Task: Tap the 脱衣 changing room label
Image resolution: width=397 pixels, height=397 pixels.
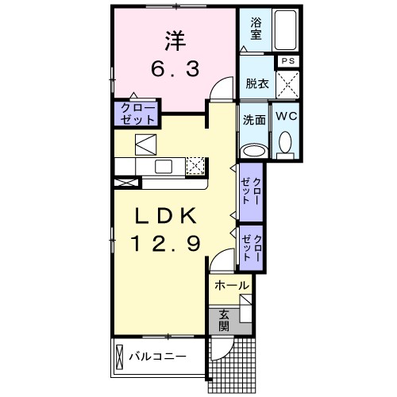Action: (x=257, y=83)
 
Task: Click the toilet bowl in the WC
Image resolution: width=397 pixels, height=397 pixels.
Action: (x=286, y=143)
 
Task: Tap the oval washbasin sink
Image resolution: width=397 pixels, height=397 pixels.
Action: (x=254, y=150)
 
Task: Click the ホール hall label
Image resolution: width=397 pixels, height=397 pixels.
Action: (x=231, y=285)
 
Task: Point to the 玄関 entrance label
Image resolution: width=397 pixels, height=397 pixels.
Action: (x=225, y=319)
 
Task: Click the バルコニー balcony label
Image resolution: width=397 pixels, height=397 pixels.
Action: (x=158, y=357)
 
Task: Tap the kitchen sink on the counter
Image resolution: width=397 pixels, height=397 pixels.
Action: (x=164, y=166)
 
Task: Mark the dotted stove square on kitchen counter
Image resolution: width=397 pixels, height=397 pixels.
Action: (x=195, y=165)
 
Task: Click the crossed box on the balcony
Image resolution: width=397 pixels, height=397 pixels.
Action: (x=120, y=356)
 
